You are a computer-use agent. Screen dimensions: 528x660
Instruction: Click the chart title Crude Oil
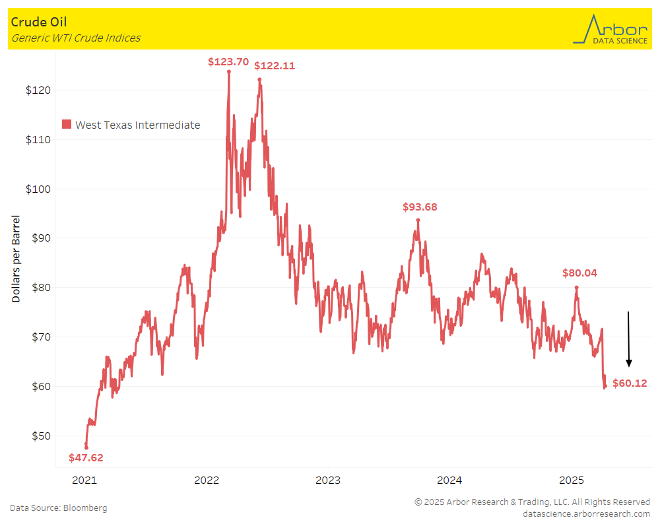pyautogui.click(x=39, y=22)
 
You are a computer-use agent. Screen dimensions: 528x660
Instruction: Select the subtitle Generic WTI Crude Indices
pyautogui.click(x=76, y=38)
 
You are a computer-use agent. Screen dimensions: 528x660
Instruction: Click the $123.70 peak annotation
pyautogui.click(x=228, y=62)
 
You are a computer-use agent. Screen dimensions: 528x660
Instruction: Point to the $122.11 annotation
pyautogui.click(x=275, y=66)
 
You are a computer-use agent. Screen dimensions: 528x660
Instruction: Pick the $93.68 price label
pyautogui.click(x=420, y=207)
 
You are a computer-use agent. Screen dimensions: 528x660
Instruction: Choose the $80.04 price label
pyautogui.click(x=579, y=273)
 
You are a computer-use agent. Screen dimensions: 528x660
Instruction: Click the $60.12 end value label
pyautogui.click(x=630, y=383)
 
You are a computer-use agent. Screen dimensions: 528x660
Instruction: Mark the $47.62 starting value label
pyautogui.click(x=86, y=457)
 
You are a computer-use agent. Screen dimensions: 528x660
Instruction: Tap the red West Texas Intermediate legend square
pyautogui.click(x=66, y=125)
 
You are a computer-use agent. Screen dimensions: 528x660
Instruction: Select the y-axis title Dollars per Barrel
pyautogui.click(x=16, y=259)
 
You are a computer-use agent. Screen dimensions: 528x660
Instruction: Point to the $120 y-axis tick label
pyautogui.click(x=39, y=90)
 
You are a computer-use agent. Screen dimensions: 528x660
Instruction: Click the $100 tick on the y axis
pyautogui.click(x=39, y=189)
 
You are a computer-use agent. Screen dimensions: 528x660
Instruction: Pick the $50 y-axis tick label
pyautogui.click(x=42, y=436)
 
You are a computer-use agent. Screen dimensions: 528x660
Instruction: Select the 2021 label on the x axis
pyautogui.click(x=84, y=480)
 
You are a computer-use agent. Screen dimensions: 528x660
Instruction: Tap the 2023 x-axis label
pyautogui.click(x=328, y=480)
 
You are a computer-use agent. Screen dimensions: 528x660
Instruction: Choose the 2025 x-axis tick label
pyautogui.click(x=572, y=480)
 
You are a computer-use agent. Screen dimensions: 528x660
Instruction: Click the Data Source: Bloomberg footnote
pyautogui.click(x=58, y=508)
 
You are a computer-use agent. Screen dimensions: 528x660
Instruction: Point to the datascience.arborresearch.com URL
pyautogui.click(x=586, y=513)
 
